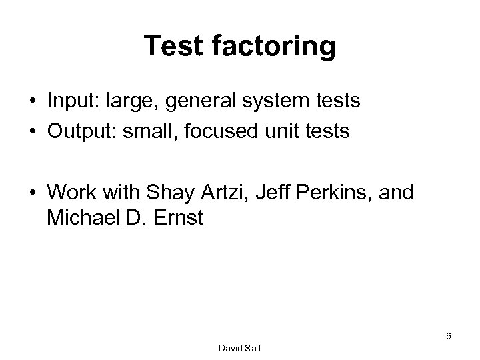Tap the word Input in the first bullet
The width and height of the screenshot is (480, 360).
tap(71, 102)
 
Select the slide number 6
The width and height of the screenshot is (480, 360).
tap(449, 336)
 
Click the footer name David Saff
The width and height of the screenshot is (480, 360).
tap(240, 347)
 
